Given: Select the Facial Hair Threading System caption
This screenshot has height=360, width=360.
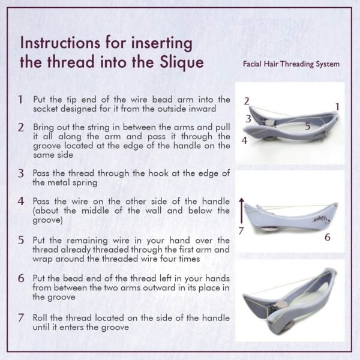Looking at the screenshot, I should point(292,64).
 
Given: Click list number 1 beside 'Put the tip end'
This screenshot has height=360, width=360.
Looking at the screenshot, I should point(20,99).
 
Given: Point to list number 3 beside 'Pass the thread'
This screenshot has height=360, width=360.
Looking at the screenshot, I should point(20,173).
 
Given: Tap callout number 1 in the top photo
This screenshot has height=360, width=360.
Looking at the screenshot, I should point(337,106).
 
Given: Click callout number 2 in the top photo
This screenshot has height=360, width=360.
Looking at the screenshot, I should point(246,101).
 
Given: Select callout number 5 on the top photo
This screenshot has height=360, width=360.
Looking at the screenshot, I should point(307,126).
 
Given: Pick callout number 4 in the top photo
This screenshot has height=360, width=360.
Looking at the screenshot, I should point(245,140).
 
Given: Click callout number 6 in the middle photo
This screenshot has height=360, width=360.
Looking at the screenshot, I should point(327,236).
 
